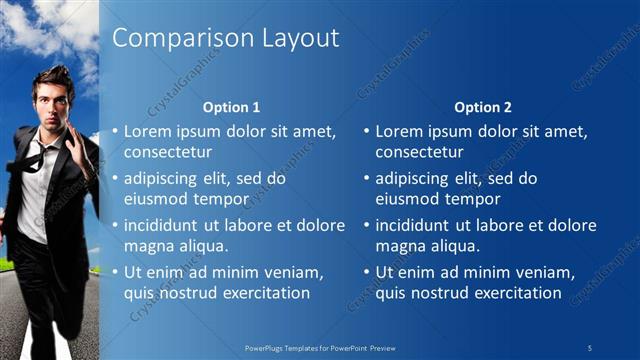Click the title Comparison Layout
[225, 38]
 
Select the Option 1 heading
[232, 107]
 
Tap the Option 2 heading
[483, 107]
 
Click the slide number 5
[590, 347]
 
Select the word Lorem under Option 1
[149, 131]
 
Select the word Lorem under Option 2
[400, 131]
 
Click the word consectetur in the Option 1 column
[167, 152]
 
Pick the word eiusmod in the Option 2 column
[406, 199]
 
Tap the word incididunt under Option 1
[163, 225]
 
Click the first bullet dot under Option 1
[115, 131]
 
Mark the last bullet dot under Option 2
[366, 272]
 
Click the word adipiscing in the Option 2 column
[413, 178]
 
